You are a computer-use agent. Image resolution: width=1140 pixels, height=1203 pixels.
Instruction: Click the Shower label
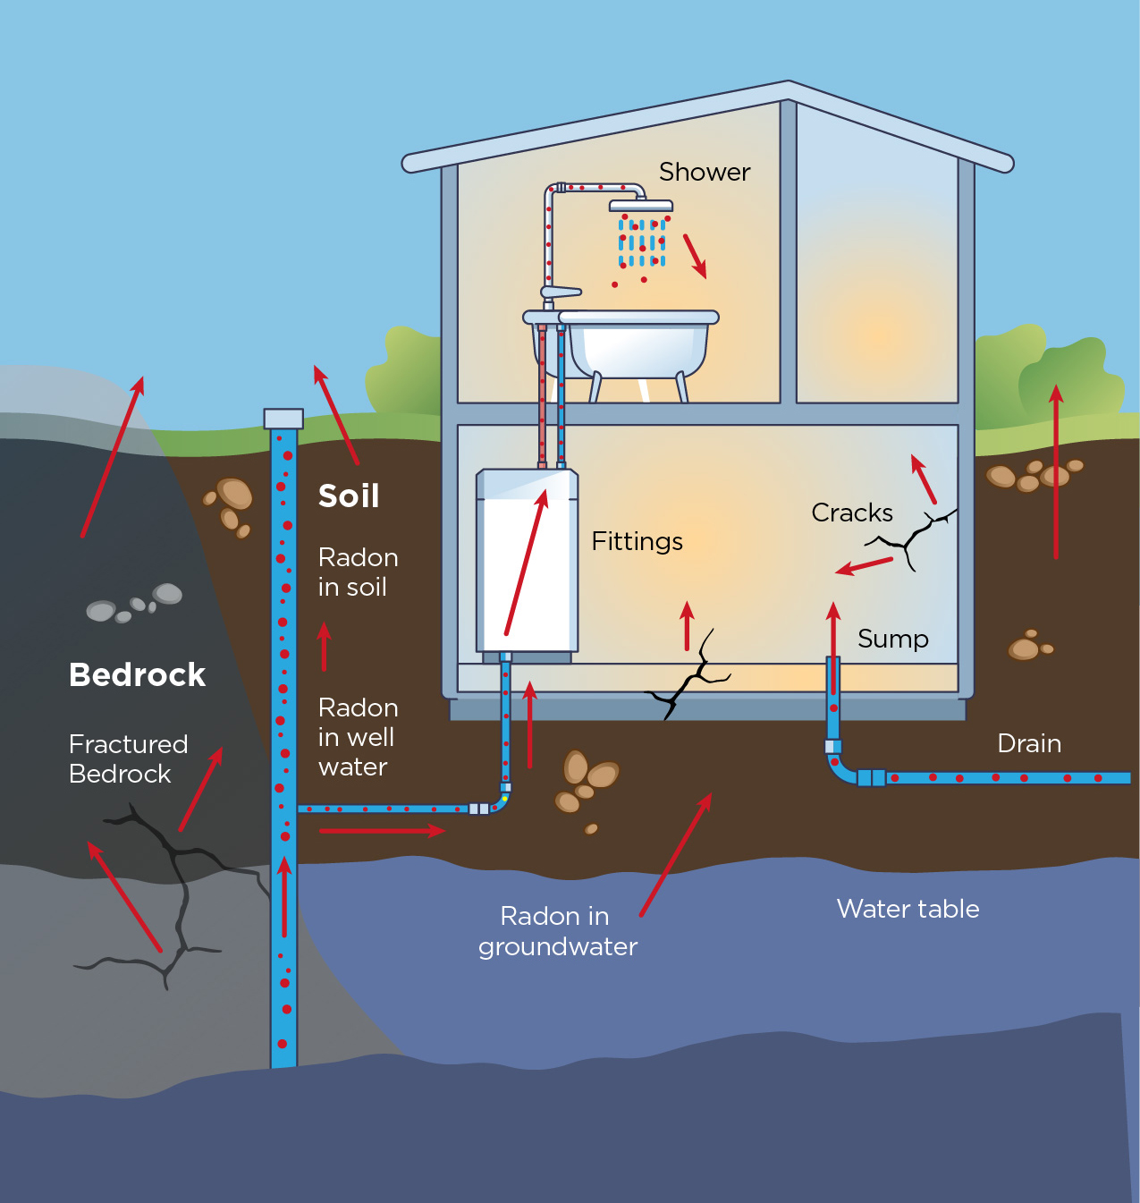coord(705,172)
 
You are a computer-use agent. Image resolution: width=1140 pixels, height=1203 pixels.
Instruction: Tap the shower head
coord(640,207)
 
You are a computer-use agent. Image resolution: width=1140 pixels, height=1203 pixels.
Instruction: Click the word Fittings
coord(637,541)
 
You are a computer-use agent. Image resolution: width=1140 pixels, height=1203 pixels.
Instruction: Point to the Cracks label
coord(851,513)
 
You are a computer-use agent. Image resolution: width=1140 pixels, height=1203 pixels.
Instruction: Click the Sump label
coord(892,639)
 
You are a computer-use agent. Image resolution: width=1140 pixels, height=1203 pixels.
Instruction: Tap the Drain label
coord(1029,743)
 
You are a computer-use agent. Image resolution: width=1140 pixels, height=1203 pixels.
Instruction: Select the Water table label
coord(908,909)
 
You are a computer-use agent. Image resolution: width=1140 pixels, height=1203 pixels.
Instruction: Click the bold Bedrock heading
coord(137,674)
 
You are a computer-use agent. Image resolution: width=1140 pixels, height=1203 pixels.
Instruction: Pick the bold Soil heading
coord(349,496)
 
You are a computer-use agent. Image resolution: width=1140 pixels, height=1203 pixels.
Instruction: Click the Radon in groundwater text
coord(557,931)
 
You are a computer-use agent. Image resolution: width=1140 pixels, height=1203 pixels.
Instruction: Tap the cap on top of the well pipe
coord(283,419)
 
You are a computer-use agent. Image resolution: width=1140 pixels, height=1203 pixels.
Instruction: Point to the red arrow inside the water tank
coord(526,563)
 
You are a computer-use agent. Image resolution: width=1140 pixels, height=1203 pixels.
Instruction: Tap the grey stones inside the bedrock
coord(134,604)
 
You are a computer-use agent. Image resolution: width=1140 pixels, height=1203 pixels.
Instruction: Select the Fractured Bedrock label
coord(128,758)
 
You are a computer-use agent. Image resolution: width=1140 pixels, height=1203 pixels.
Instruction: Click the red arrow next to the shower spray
coord(695,256)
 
